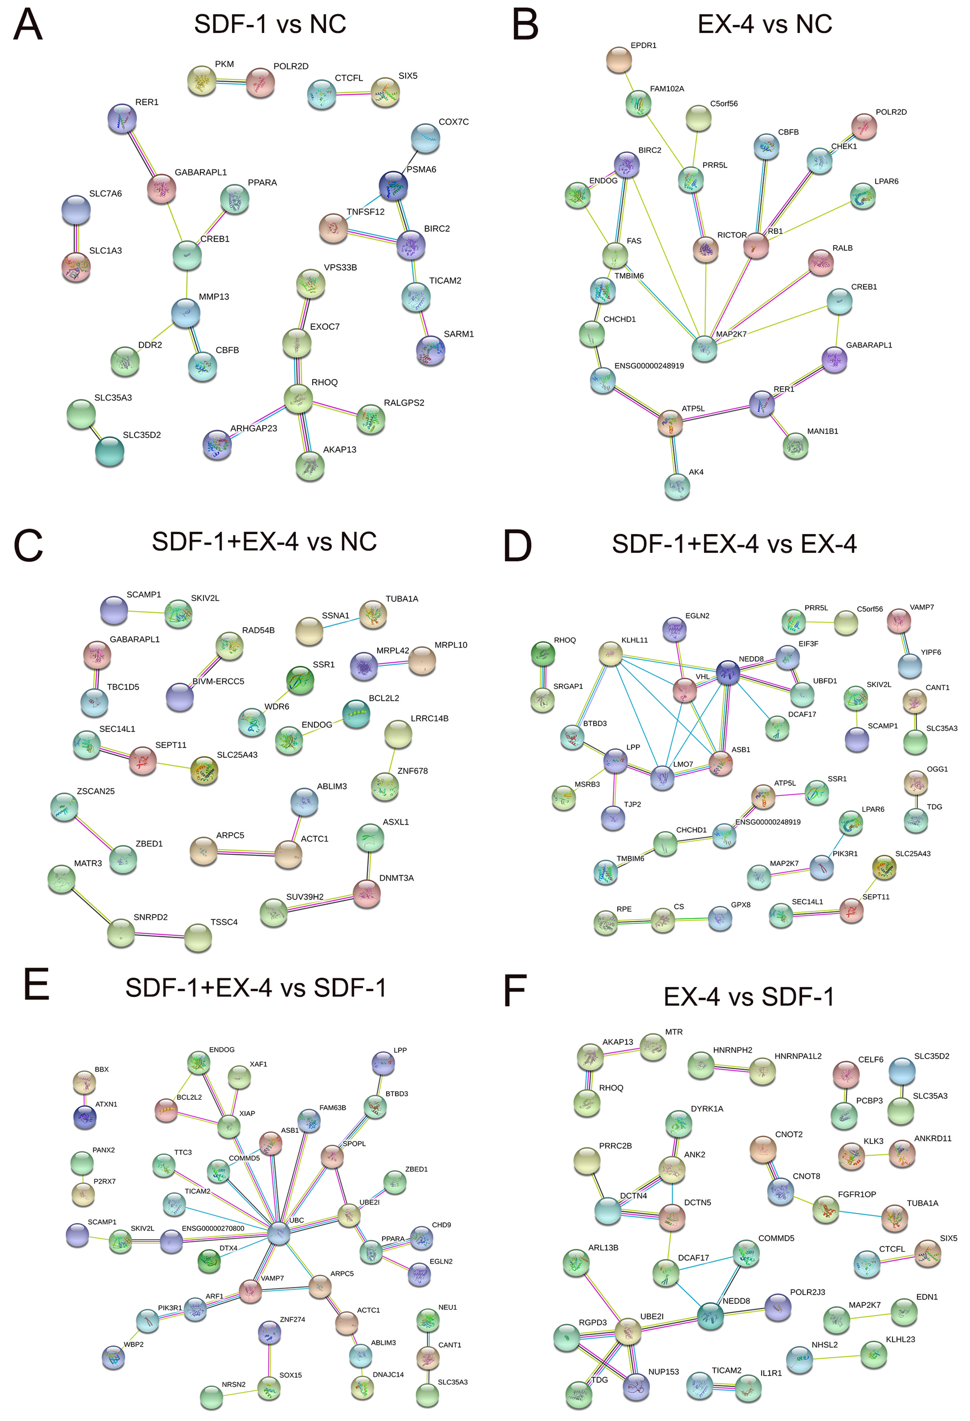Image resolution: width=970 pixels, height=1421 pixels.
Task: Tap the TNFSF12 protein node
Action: pyautogui.click(x=334, y=228)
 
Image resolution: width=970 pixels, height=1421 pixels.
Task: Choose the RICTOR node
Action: pyautogui.click(x=706, y=249)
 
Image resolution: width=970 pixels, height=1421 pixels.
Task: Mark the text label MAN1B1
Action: pyautogui.click(x=823, y=431)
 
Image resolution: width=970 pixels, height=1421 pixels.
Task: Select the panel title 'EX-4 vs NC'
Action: pyautogui.click(x=765, y=25)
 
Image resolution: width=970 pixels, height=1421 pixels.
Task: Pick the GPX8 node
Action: pyautogui.click(x=720, y=918)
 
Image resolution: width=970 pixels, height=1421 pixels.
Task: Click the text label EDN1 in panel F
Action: pyautogui.click(x=927, y=1297)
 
